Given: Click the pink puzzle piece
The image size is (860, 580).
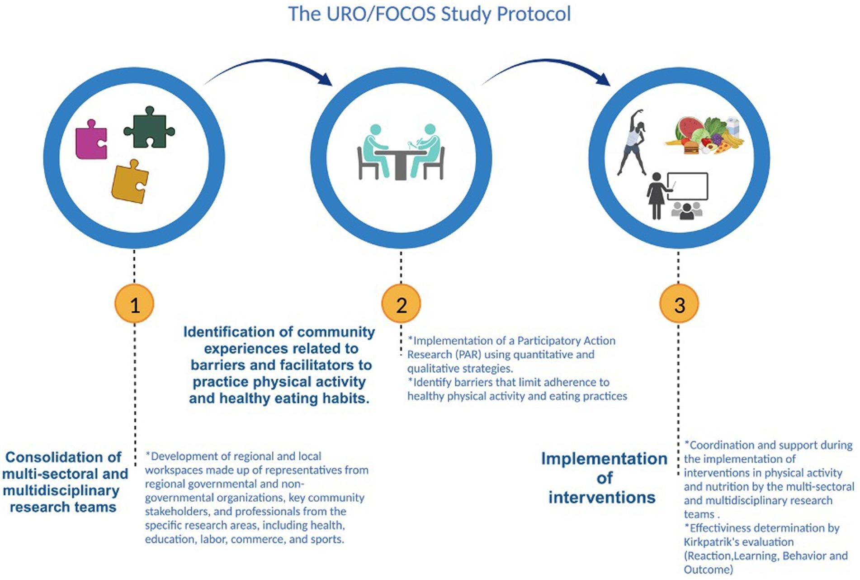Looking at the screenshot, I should click(90, 140).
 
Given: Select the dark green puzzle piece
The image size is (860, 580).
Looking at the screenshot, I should click(148, 128).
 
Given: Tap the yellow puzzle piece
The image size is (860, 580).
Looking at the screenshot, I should click(130, 182).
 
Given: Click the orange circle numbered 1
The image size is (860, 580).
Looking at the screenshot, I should click(135, 304).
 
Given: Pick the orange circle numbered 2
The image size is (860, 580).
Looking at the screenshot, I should click(401, 304).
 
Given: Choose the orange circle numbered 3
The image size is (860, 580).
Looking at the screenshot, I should click(679, 304).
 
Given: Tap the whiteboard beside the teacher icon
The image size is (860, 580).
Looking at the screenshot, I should click(687, 186).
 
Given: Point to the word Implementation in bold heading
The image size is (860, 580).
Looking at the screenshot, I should click(604, 459).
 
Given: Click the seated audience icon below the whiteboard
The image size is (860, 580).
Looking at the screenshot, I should click(686, 211).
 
